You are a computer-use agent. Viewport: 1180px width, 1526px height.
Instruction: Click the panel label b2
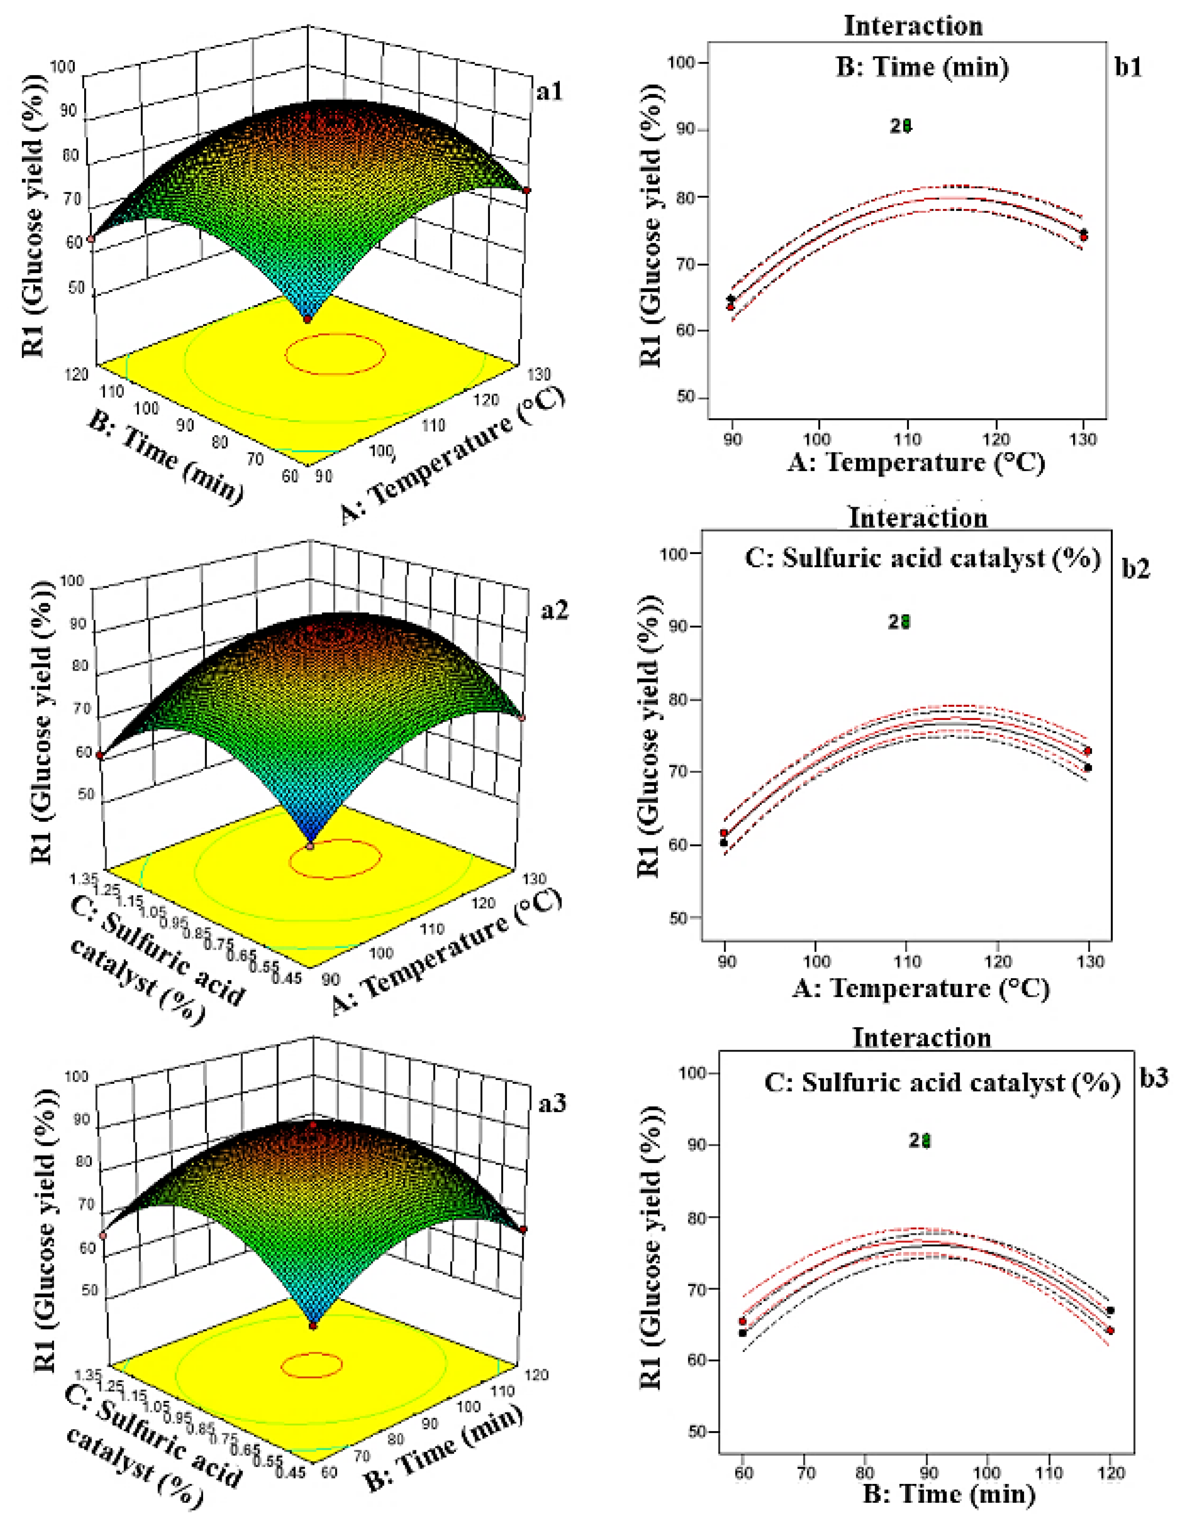(1135, 568)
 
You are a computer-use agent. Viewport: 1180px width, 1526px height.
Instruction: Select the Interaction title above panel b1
(913, 26)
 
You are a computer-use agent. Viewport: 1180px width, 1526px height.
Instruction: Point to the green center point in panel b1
(907, 126)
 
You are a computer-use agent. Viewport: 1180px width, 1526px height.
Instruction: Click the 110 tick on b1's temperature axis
(907, 439)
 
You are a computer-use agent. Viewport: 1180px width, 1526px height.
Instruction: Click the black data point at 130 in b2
(1088, 768)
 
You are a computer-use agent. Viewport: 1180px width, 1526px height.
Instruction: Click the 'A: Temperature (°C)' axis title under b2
(920, 988)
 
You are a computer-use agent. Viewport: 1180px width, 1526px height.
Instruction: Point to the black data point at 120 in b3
(1110, 1311)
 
